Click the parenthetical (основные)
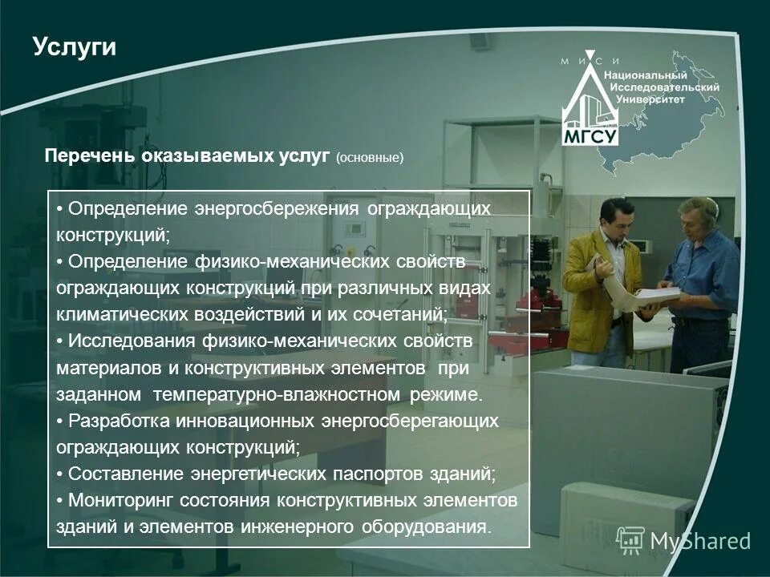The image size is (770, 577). (370, 157)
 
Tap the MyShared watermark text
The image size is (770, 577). (699, 541)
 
